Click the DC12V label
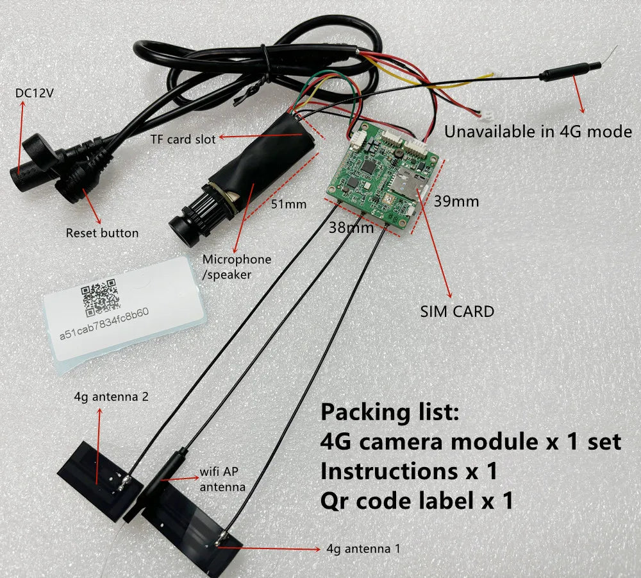(x=35, y=94)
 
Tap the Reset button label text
(x=102, y=232)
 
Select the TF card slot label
(x=183, y=138)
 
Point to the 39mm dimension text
(x=456, y=201)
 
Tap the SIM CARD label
(x=457, y=312)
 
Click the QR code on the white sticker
(x=100, y=296)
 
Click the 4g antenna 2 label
(x=112, y=396)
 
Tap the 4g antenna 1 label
(x=365, y=548)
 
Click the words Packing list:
(x=390, y=411)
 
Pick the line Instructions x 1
(x=409, y=471)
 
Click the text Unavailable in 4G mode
(x=538, y=132)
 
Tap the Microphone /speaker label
(x=237, y=266)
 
